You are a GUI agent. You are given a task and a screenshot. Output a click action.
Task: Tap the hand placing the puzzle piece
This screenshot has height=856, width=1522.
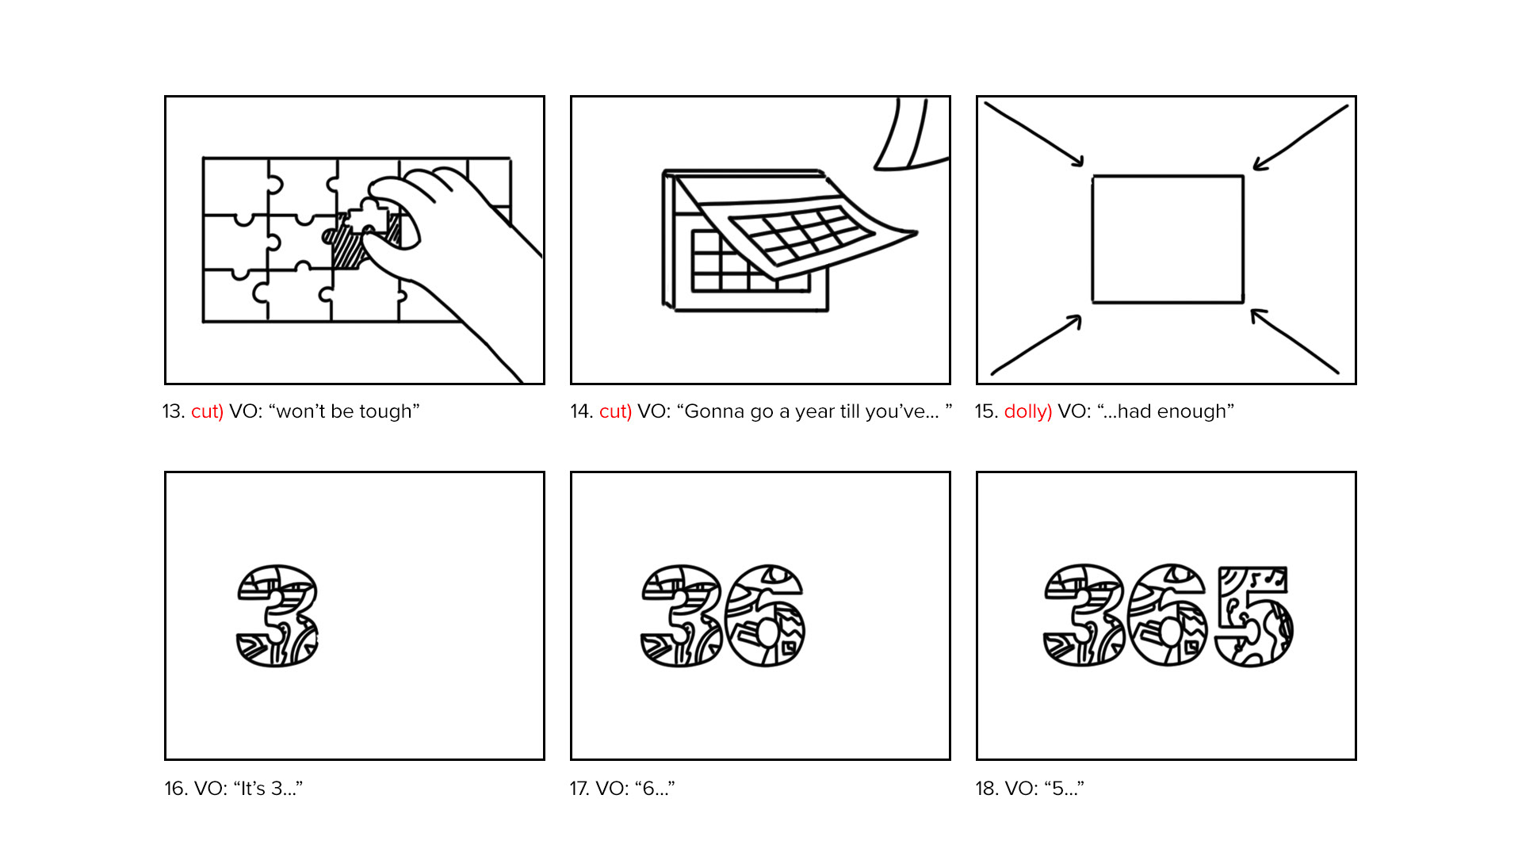pyautogui.click(x=460, y=254)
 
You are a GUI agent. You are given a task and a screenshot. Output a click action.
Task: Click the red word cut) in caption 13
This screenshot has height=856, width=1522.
pyautogui.click(x=207, y=411)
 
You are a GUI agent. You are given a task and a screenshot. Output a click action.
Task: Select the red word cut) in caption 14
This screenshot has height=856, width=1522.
pyautogui.click(x=615, y=411)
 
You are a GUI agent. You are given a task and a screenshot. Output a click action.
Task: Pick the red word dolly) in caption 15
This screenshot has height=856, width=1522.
pyautogui.click(x=1027, y=411)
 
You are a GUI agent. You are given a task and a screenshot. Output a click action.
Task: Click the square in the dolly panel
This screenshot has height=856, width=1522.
pyautogui.click(x=1168, y=239)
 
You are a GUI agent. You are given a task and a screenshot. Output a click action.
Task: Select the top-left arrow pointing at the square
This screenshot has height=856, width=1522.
pyautogui.click(x=1034, y=135)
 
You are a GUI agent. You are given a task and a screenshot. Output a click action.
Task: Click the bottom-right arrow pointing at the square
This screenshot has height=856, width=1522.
pyautogui.click(x=1295, y=341)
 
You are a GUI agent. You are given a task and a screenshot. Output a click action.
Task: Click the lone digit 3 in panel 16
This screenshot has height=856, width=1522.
pyautogui.click(x=277, y=616)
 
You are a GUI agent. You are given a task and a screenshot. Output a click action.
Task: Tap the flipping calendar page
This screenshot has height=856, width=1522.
pyautogui.click(x=801, y=226)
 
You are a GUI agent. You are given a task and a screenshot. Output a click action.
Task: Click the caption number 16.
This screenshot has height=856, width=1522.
pyautogui.click(x=174, y=789)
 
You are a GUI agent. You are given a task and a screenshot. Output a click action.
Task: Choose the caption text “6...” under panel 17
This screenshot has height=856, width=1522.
pyautogui.click(x=655, y=789)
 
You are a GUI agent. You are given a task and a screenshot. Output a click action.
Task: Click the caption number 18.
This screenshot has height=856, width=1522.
pyautogui.click(x=986, y=789)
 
